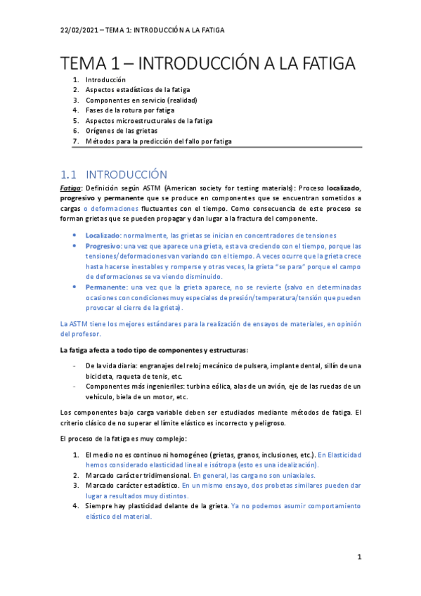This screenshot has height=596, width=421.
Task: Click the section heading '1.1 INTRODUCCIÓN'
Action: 114,174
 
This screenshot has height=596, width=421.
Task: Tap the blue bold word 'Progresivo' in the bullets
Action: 103,246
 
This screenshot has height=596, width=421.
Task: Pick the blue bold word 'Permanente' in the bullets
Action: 105,287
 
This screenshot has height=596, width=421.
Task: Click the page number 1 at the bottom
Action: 358,557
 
